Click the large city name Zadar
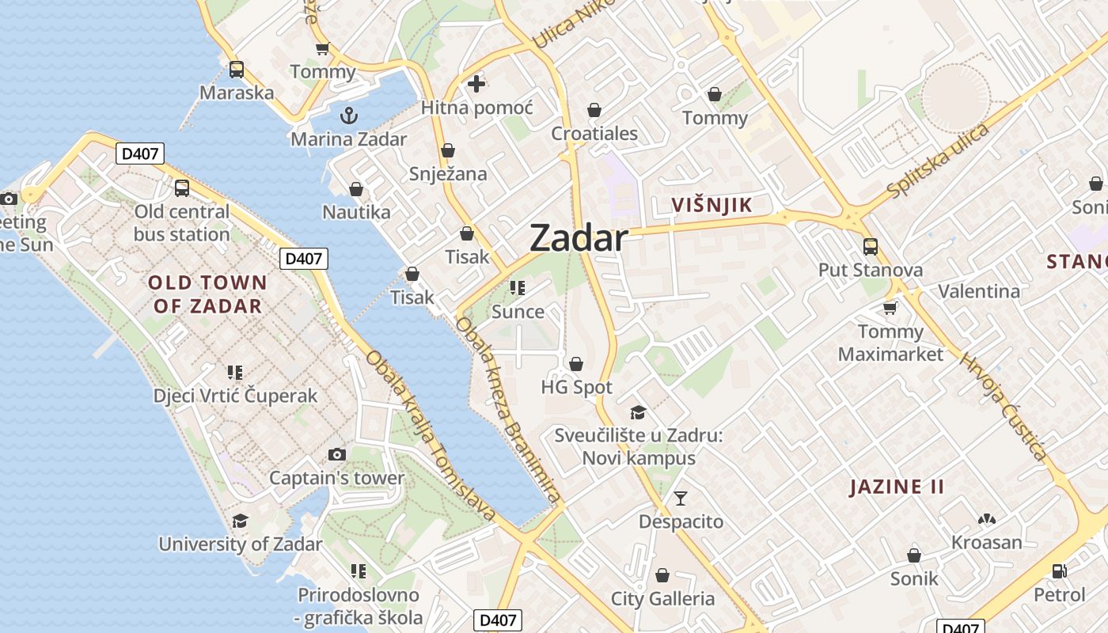[579, 237]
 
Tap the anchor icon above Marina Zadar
[348, 116]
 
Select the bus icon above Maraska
[237, 70]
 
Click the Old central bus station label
[181, 223]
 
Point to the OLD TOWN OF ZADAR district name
[207, 294]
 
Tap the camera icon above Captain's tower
[337, 454]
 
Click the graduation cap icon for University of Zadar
[240, 521]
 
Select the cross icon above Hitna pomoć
[476, 83]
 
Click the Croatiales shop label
[594, 133]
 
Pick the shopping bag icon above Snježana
[448, 150]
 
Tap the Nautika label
[356, 212]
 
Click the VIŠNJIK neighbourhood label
[711, 205]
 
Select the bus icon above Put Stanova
[871, 247]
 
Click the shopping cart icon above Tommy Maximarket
[890, 308]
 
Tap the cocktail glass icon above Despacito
[681, 498]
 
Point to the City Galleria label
[662, 599]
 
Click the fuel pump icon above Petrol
[1059, 570]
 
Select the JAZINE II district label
[897, 487]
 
